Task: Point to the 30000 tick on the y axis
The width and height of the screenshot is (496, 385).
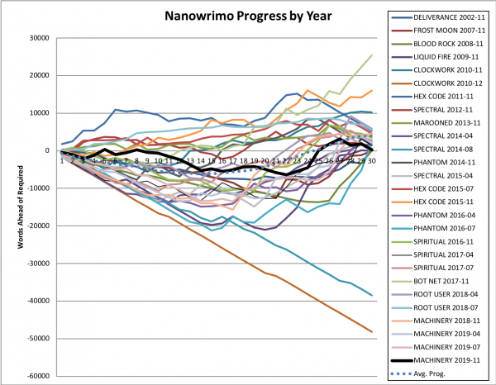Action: [x=37, y=38]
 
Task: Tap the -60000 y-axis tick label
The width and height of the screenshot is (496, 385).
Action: [x=36, y=376]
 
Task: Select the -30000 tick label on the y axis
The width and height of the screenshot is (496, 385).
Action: [x=36, y=263]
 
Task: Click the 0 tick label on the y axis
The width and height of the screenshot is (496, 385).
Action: [x=47, y=150]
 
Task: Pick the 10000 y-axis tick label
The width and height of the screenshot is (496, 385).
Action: [x=37, y=113]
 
